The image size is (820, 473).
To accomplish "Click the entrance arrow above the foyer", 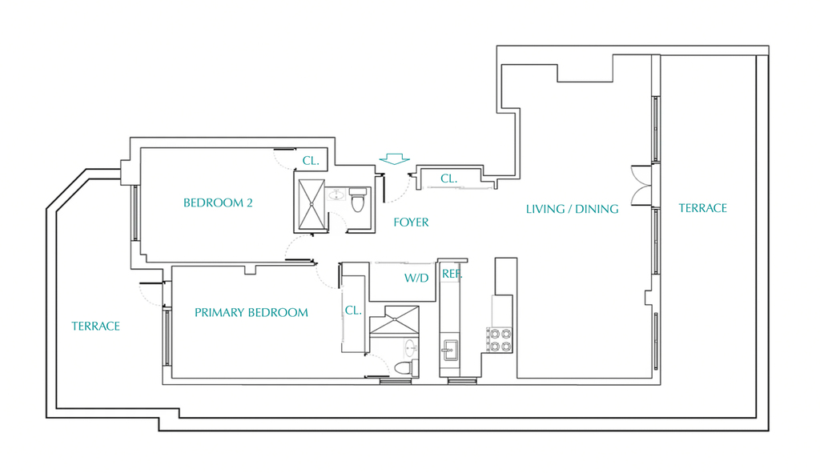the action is coord(394,159).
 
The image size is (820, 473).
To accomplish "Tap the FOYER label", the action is coord(411,222).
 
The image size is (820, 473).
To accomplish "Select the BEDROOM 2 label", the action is coord(218,202).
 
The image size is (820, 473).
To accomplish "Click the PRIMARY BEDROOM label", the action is coord(251,313).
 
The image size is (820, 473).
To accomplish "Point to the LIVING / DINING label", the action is coord(572,209).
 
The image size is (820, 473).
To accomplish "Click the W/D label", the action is coord(416,278).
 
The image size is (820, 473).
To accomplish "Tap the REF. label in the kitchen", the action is coord(452,274).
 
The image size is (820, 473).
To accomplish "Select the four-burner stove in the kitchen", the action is coord(500,339).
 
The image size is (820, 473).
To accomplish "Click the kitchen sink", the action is coord(449,350).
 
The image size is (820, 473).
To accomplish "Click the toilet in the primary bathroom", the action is coord(406,367).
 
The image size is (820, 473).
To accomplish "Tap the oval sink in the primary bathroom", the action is coord(410,347).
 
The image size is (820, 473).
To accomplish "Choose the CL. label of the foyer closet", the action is coord(448,178).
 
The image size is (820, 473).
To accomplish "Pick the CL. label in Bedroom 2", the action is coord(311,161).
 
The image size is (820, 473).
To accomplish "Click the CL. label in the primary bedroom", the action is coord(353,311).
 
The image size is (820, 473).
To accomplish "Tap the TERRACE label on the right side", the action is coord(703,208).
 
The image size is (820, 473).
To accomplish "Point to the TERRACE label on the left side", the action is coord(96,326).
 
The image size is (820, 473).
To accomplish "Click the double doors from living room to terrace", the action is coord(641,185).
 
